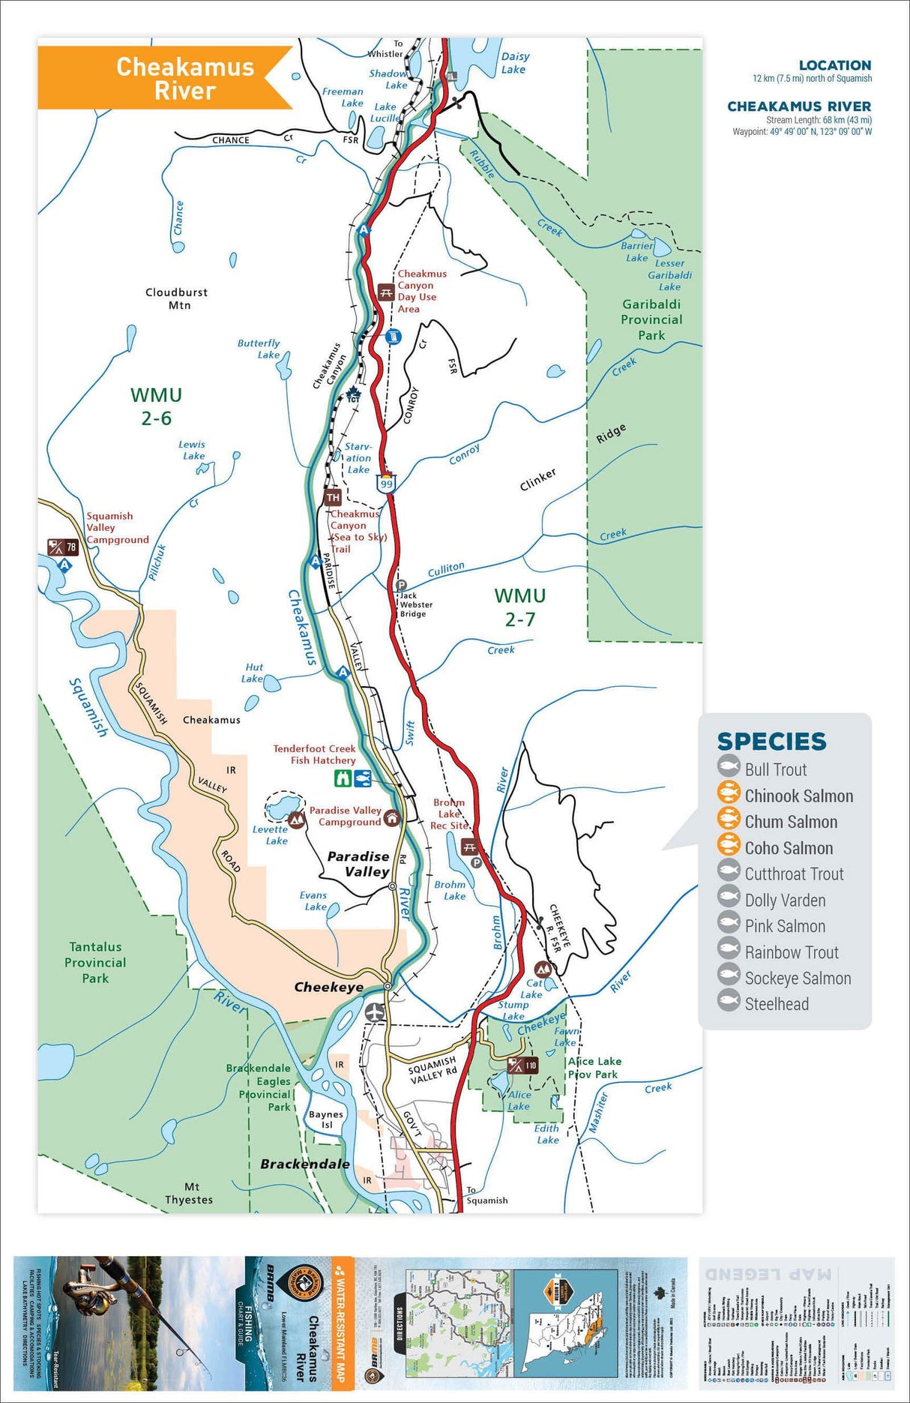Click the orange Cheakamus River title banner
tap(165, 78)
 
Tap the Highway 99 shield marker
tap(386, 484)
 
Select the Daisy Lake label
tap(514, 63)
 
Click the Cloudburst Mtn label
tap(177, 298)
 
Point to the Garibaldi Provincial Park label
tap(651, 319)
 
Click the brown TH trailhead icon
tap(333, 497)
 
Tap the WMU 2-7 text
tap(519, 607)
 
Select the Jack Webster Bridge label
tap(416, 604)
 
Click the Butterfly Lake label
tap(259, 349)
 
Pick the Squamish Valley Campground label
tap(117, 528)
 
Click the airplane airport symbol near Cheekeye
tap(375, 1012)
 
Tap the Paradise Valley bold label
tap(359, 864)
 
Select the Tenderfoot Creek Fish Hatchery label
tap(315, 754)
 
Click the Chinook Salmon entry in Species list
tap(798, 796)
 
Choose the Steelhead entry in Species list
tap(777, 1004)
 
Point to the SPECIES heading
tap(771, 742)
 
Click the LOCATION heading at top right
tap(834, 65)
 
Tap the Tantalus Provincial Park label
tap(95, 963)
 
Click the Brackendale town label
tap(305, 1164)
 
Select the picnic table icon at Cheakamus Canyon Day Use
tap(386, 292)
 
